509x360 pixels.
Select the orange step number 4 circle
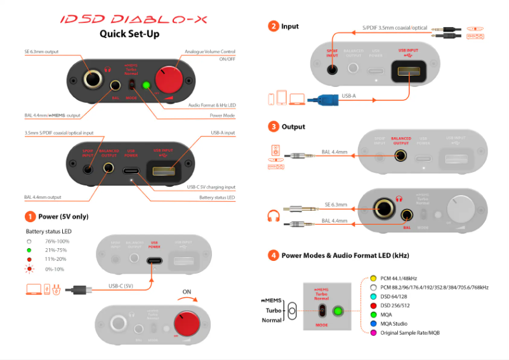click(273, 255)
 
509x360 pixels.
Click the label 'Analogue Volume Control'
click(209, 51)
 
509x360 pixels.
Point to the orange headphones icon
click(274, 216)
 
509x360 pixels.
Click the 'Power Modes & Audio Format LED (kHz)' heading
click(345, 255)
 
